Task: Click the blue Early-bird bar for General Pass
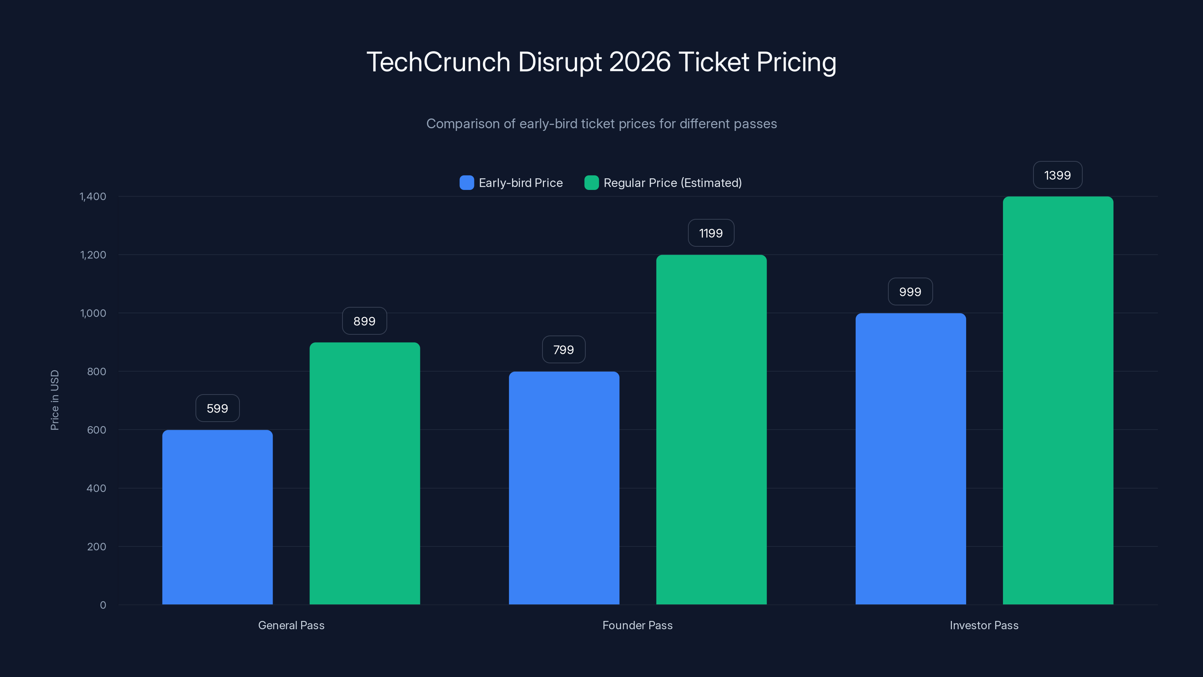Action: pos(217,517)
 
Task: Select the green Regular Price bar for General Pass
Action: pos(365,473)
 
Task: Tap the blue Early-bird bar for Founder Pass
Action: pos(564,488)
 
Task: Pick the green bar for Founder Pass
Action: pos(711,430)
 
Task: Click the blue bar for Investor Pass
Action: pos(910,458)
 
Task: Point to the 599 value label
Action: pos(217,408)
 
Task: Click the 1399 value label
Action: pos(1057,175)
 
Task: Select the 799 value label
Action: pos(563,349)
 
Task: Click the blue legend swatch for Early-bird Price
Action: pos(467,183)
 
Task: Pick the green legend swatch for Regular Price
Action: pos(591,183)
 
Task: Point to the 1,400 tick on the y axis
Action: pos(93,196)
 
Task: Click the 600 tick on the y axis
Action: pos(96,430)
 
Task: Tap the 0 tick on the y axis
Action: pos(103,605)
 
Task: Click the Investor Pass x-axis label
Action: pos(984,625)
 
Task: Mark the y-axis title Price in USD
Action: pos(55,400)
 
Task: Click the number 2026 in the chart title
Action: pos(639,62)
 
